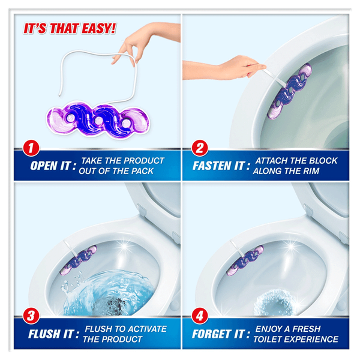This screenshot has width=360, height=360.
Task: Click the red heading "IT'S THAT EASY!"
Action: click(70, 29)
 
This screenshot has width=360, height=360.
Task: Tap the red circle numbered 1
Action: click(31, 148)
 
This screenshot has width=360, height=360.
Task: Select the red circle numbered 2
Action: click(200, 148)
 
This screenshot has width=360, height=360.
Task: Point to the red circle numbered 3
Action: click(31, 316)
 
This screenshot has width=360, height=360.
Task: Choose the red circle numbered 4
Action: click(200, 316)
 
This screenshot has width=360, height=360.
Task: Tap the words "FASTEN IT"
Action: click(218, 166)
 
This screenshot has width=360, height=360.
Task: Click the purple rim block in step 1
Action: click(98, 120)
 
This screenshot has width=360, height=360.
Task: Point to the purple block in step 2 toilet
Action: click(290, 91)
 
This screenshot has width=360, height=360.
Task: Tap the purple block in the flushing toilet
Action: click(79, 260)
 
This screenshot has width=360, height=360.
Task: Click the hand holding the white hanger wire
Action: click(133, 46)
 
